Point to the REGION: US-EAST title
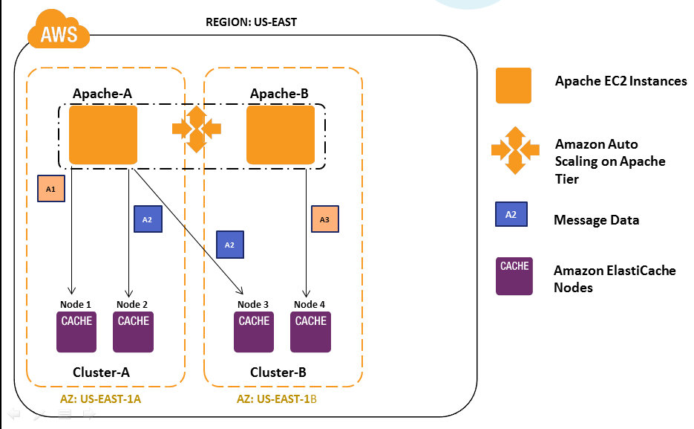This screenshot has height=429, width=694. coord(251,22)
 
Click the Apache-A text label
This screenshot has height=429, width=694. coord(102,94)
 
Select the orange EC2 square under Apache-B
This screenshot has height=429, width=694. coord(280,135)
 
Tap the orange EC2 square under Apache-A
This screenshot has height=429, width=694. coord(103,135)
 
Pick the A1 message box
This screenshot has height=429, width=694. coord(51,190)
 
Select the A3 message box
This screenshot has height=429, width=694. coord(324,219)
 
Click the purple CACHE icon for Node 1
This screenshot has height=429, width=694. coord(76,332)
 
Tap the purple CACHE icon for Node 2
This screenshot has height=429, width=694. coord(133,332)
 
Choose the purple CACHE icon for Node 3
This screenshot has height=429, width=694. coord(254,332)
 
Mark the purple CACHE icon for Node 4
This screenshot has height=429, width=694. coord(310,332)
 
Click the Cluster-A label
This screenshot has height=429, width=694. coord(101,372)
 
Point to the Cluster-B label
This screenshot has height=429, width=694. coord(278,372)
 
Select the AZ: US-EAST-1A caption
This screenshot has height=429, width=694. coord(100,399)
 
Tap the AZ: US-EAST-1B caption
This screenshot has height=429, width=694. coord(277,399)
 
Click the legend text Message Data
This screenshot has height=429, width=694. coord(596,220)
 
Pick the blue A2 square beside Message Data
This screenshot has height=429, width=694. coord(511,214)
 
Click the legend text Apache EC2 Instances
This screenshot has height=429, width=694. coord(621,81)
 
